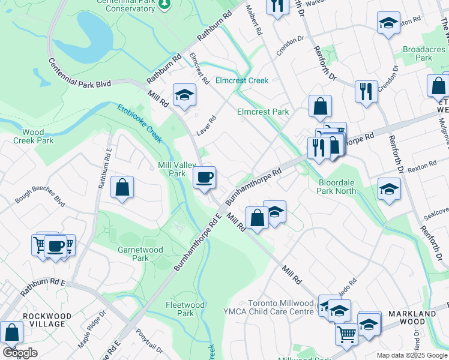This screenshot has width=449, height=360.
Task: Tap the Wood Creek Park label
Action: (33, 136)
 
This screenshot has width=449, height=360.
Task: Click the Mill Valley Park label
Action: (171, 169)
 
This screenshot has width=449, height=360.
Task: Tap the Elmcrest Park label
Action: (262, 112)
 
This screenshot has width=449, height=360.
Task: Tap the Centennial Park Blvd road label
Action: (79, 74)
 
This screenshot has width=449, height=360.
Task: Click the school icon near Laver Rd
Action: (184, 94)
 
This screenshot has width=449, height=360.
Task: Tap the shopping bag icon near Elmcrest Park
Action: (321, 106)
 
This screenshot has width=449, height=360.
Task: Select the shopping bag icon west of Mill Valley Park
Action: (122, 187)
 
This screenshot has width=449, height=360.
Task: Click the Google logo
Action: (20, 353)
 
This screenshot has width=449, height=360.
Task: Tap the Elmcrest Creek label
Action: (242, 80)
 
